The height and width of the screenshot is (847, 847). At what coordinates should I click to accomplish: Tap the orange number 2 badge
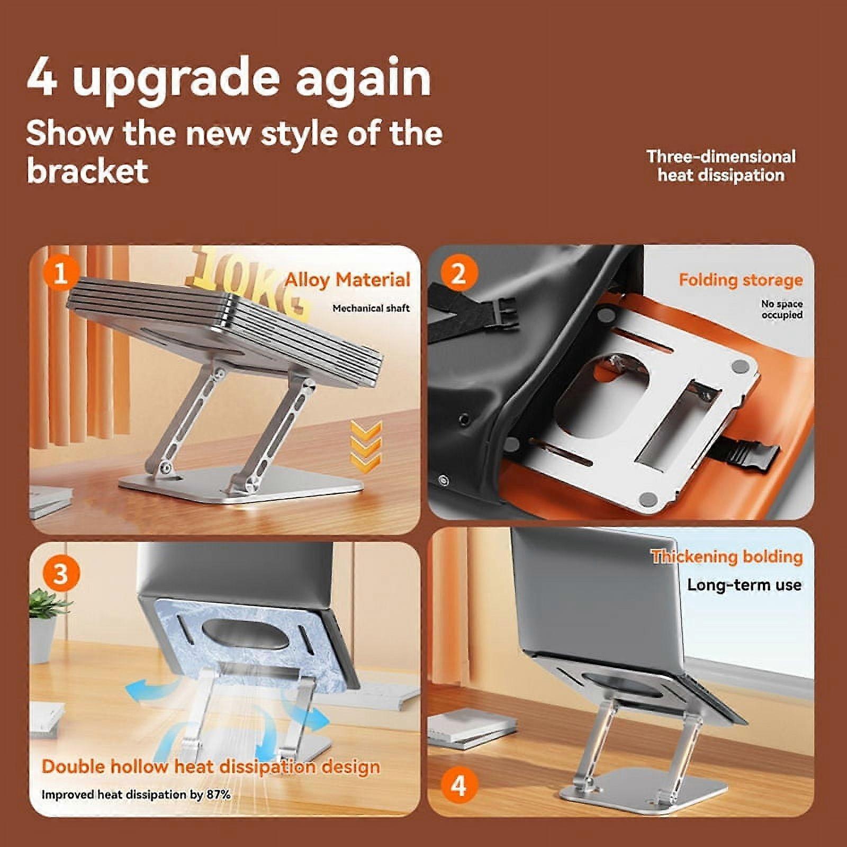[458, 273]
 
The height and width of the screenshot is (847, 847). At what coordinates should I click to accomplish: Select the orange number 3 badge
[60, 574]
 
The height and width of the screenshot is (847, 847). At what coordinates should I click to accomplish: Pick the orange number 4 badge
[458, 786]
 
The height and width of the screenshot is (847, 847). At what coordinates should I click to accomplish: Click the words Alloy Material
[347, 280]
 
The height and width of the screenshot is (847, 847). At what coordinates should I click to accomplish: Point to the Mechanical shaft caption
[371, 308]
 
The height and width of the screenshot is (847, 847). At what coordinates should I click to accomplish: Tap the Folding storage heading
[741, 280]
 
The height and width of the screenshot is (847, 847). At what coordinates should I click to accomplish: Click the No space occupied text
[782, 309]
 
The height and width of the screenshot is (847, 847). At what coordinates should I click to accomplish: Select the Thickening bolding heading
[727, 556]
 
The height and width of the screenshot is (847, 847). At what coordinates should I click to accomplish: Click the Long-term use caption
[744, 585]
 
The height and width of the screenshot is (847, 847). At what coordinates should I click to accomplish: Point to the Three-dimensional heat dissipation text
[721, 166]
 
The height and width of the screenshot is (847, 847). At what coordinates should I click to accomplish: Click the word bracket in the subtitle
[87, 170]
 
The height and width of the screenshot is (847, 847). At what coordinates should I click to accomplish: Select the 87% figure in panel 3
[218, 795]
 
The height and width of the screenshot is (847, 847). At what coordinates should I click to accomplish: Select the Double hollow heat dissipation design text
[211, 767]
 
